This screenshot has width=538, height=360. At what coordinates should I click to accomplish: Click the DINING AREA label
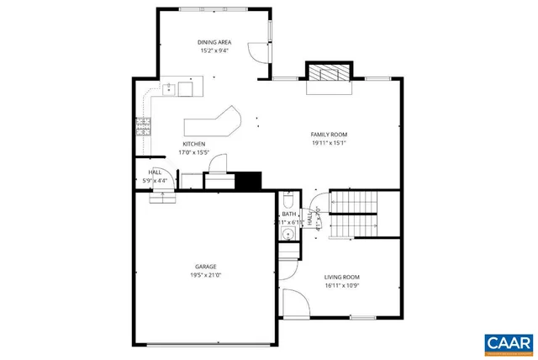point(214,42)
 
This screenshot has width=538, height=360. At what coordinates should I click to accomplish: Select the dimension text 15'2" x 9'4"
point(214,50)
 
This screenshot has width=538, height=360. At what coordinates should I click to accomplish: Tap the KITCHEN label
point(194,144)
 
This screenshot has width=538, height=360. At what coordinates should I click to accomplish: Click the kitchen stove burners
point(142,126)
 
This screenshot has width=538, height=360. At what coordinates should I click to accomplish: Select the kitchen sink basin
point(184,86)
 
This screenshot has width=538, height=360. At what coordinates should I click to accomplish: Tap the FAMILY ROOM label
point(329,135)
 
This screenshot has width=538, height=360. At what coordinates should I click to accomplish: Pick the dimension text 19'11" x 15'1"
point(329,143)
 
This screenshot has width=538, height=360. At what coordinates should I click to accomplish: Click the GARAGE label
point(206,267)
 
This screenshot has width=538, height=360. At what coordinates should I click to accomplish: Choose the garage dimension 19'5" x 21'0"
point(206,275)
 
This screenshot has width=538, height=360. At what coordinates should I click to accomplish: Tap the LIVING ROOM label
point(342,277)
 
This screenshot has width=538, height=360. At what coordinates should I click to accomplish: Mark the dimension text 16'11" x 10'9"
point(342,285)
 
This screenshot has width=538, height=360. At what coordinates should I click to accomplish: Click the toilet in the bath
point(287,202)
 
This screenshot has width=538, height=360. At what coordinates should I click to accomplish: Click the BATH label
point(288,214)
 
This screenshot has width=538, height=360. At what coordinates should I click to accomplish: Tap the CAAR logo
point(509,342)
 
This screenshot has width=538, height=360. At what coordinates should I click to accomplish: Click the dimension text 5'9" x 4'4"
point(155,180)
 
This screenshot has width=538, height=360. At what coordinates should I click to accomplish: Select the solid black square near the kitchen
point(249,180)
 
